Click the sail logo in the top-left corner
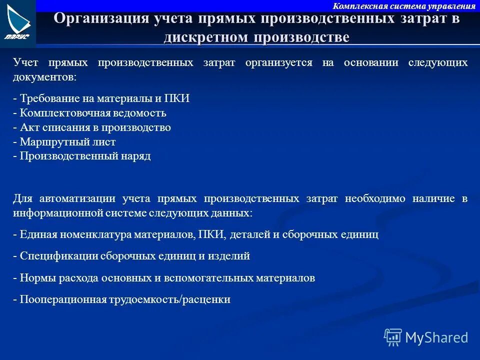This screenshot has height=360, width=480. click(18, 22)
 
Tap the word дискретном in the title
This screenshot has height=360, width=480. click(205, 37)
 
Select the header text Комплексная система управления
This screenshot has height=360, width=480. click(404, 6)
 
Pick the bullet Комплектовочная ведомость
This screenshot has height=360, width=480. click(89, 113)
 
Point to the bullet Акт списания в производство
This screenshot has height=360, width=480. click(92, 127)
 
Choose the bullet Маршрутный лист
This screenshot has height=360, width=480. click(64, 142)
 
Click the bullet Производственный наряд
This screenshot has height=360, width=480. click(82, 156)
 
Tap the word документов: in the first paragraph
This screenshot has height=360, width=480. click(45, 77)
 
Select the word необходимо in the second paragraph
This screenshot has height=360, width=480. click(375, 198)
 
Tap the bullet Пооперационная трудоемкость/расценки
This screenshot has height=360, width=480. click(122, 300)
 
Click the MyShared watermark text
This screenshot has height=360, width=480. click(436, 337)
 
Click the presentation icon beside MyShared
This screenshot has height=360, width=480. click(393, 337)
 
